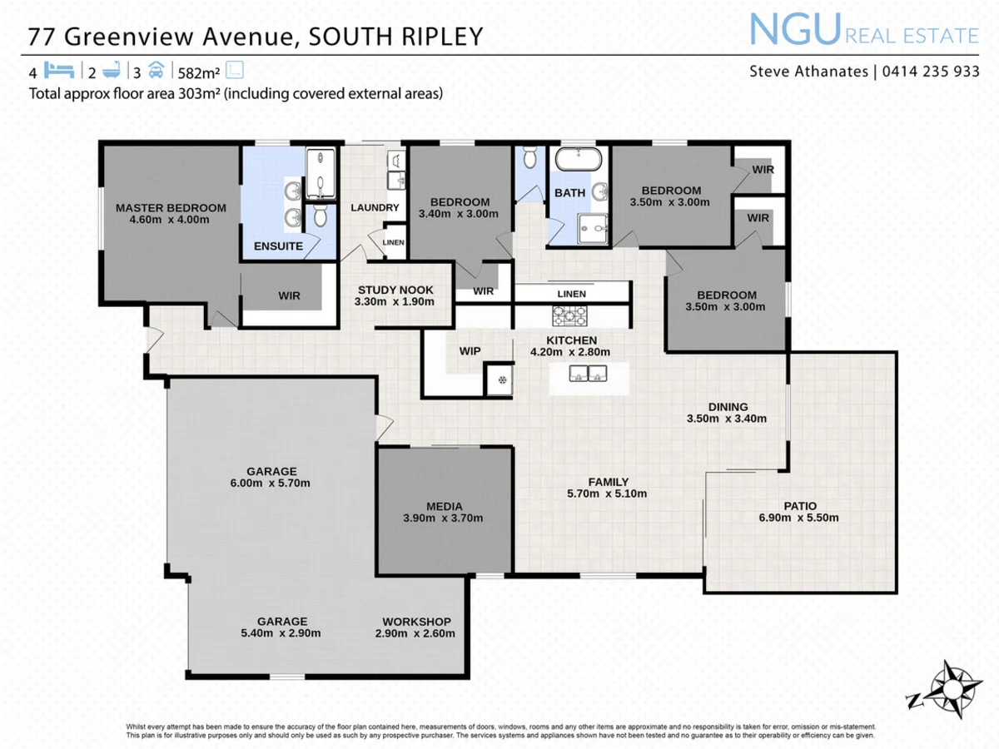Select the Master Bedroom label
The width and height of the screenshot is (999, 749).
[171, 208]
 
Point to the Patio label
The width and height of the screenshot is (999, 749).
[800, 505]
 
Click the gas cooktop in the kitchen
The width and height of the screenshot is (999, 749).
[570, 315]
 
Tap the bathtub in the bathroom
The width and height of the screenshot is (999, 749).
[577, 160]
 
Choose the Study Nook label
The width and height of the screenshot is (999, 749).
[395, 290]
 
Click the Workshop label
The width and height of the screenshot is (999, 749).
[416, 622]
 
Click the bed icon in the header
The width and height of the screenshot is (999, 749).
[59, 70]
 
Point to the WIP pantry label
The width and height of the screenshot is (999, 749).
[470, 351]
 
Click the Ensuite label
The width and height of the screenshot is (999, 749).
[278, 246]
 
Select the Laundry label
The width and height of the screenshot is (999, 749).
[375, 207]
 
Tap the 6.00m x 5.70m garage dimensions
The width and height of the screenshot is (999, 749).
[271, 483]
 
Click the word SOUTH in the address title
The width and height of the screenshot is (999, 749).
[345, 37]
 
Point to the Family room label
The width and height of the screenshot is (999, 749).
[608, 482]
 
